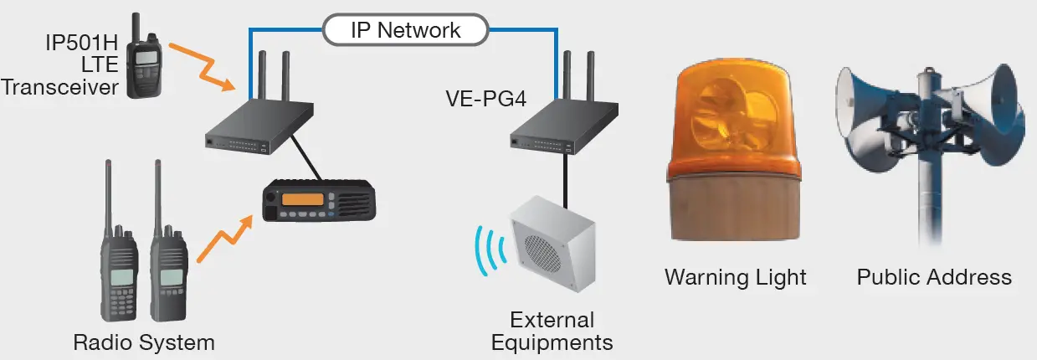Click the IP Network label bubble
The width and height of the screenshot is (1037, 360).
(406, 30)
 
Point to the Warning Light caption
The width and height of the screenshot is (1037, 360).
(736, 277)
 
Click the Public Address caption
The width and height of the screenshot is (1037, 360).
(934, 277)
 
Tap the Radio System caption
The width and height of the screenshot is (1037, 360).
(144, 342)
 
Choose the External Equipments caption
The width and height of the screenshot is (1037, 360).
(552, 332)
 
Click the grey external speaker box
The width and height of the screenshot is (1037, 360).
(553, 244)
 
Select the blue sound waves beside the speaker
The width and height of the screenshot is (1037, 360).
(490, 249)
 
